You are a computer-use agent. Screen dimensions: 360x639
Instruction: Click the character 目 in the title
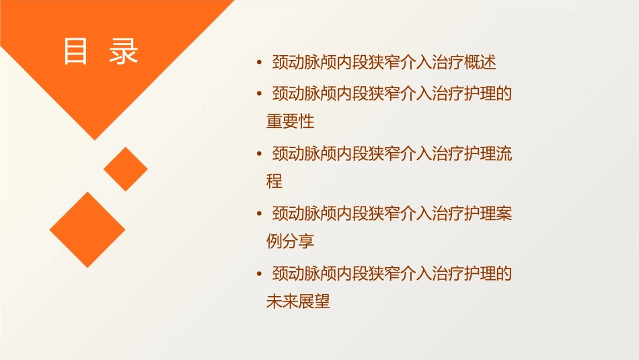(x=75, y=51)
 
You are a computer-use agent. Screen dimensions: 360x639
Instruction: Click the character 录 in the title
(x=123, y=51)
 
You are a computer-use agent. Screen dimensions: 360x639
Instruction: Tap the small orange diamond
(x=125, y=169)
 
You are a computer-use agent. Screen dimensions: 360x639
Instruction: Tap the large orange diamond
(x=87, y=229)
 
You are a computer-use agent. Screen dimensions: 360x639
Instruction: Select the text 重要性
(x=291, y=122)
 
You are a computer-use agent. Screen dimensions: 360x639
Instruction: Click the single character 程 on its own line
(x=274, y=181)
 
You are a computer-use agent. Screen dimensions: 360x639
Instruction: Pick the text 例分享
(x=291, y=241)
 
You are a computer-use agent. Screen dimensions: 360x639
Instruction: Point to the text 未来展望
(x=299, y=301)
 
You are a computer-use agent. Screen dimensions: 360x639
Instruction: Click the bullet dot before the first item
(x=260, y=63)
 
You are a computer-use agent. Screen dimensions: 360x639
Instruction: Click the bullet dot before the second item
(x=260, y=94)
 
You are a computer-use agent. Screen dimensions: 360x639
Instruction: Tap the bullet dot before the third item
(x=260, y=153)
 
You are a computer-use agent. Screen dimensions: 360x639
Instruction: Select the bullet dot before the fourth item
(x=260, y=214)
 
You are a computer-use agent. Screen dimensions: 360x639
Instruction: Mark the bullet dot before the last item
(x=260, y=274)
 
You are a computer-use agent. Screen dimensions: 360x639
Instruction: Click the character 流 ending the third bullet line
(x=504, y=153)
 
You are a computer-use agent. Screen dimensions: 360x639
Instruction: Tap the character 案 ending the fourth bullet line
(x=504, y=213)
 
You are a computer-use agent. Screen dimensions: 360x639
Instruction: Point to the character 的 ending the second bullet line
(x=504, y=93)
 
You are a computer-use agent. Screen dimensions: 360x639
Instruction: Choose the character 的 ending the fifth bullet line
(x=504, y=273)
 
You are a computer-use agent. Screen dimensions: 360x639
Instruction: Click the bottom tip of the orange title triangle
(x=95, y=139)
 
